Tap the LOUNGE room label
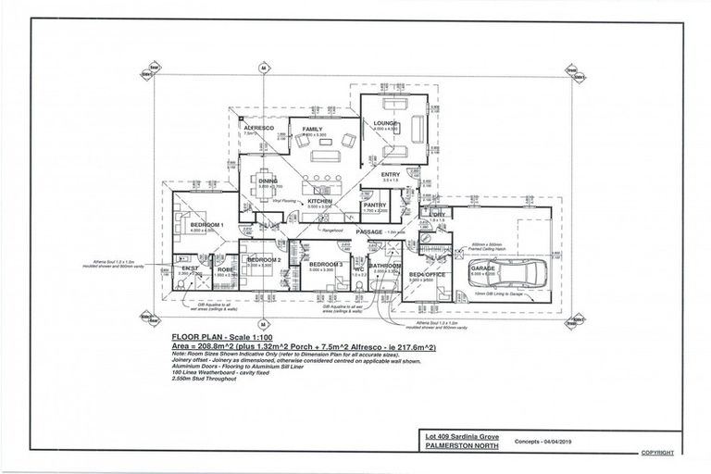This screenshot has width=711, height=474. click(385, 123)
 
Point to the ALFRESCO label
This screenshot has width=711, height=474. click(258, 127)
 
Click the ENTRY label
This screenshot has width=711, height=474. click(392, 174)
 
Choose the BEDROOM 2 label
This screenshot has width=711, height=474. click(264, 260)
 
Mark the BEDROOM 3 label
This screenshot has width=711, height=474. click(326, 265)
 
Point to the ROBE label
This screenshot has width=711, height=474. click(225, 269)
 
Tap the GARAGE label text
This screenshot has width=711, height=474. click(483, 268)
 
